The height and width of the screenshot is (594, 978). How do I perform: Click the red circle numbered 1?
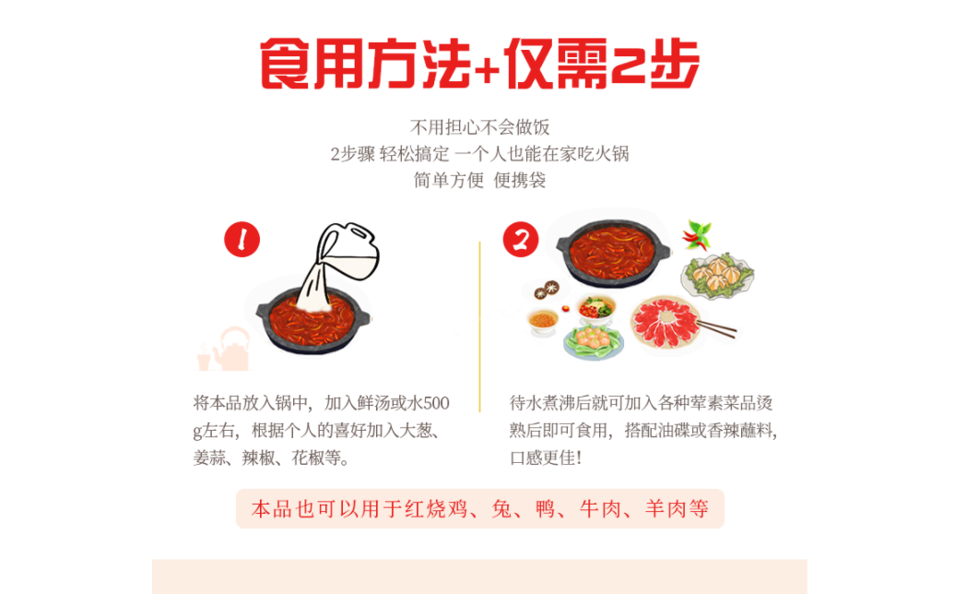[x=242, y=239]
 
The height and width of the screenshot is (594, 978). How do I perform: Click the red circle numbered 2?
[x=521, y=239]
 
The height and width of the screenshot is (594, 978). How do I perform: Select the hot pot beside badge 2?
[x=612, y=251]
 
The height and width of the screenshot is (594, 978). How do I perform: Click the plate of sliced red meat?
[x=666, y=322]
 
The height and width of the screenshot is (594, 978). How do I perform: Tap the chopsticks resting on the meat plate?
[x=717, y=328]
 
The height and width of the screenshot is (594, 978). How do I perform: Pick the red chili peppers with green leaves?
[x=698, y=234]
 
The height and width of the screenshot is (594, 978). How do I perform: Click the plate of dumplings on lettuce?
[x=719, y=275]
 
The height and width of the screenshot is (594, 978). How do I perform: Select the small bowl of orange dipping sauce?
[x=543, y=321]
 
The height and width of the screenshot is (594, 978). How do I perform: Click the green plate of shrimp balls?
[x=593, y=340]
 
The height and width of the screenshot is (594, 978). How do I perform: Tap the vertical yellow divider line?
[x=479, y=327]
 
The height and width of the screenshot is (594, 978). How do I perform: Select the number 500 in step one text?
[x=437, y=403]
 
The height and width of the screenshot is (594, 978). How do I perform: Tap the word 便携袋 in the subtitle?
[x=520, y=181]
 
